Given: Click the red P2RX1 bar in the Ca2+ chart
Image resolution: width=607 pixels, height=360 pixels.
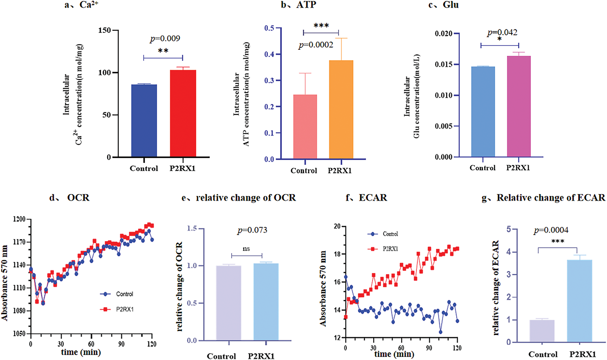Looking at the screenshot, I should point(183,113).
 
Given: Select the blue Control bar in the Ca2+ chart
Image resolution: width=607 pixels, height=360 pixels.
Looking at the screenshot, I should point(144,121).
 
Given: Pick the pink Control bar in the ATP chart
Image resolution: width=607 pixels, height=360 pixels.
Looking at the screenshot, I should point(305,127).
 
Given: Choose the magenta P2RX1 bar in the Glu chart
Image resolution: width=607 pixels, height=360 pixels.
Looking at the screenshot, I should point(519,106).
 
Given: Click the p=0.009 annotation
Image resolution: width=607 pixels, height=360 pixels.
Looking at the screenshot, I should point(165,39).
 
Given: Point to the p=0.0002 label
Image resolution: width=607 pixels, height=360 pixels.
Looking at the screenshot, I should point(316,45).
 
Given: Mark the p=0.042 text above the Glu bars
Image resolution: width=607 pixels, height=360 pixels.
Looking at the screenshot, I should point(502,33).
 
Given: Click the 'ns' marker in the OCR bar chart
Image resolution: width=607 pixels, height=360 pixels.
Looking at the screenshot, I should point(246,249).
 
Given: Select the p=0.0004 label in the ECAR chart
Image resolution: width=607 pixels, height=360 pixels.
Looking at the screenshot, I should point(551,230).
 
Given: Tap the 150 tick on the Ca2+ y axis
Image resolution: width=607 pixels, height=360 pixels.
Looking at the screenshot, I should point(105,30).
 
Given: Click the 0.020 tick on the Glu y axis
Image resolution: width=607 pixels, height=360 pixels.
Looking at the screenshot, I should point(443,33).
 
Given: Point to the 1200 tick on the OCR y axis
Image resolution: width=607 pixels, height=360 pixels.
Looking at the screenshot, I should point(19,219).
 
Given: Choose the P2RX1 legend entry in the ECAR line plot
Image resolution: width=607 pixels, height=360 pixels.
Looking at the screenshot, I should point(383,249).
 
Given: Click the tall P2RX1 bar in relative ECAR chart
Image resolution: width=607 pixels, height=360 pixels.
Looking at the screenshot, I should point(579,301).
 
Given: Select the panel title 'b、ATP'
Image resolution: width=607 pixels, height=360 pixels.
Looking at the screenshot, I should point(298,5).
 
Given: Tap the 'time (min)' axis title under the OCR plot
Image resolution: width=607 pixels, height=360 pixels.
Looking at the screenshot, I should point(81,352).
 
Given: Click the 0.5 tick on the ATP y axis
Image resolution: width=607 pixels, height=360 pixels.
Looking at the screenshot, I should point(269,28).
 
